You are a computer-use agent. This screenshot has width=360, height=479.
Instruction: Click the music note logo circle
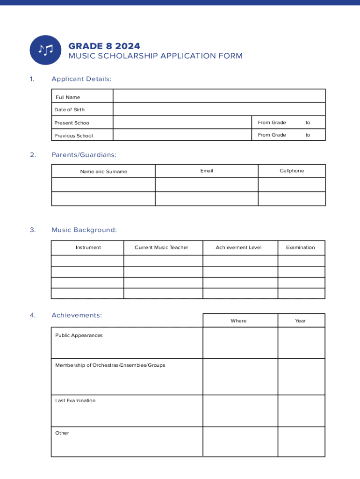click(45, 50)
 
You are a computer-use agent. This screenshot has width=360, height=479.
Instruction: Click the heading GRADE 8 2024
click(104, 46)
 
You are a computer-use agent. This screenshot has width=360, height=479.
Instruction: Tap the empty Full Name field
click(219, 96)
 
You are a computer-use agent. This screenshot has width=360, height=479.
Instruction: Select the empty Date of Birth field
click(219, 109)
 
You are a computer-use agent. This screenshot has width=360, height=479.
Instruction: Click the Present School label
click(72, 123)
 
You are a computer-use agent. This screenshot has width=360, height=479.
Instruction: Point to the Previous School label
click(73, 136)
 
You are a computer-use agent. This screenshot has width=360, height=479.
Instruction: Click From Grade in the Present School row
click(272, 123)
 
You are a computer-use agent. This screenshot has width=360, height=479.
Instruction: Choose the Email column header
click(206, 171)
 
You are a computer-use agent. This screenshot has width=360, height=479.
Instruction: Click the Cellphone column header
click(292, 171)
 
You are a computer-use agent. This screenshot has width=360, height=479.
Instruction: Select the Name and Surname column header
click(103, 172)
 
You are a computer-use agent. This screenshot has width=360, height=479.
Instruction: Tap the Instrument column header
click(88, 247)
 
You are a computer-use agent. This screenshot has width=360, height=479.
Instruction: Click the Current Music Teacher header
click(161, 247)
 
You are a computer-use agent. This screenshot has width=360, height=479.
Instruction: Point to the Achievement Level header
click(238, 247)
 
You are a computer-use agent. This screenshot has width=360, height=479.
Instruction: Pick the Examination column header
click(300, 247)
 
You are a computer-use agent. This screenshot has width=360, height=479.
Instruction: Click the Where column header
click(238, 321)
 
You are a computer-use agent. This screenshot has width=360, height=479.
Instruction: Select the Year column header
click(300, 321)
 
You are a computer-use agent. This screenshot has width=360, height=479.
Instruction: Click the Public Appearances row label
click(79, 335)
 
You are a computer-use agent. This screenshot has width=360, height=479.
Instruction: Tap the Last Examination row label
click(75, 400)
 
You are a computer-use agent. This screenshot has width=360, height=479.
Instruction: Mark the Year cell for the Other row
click(301, 441)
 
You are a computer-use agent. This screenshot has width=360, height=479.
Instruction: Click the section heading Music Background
click(84, 230)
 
